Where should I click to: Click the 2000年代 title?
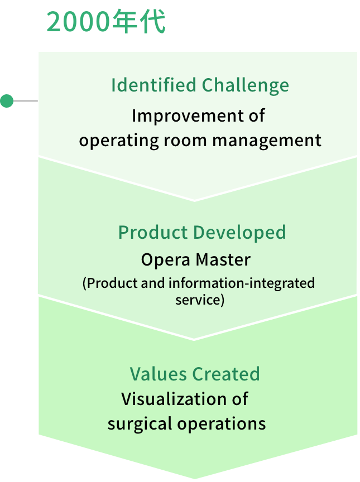106,23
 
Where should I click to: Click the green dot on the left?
7,102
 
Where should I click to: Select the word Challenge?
246,85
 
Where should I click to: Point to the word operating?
111,140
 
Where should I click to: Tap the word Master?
223,260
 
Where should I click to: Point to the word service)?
199,300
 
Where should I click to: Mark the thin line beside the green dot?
25,102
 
